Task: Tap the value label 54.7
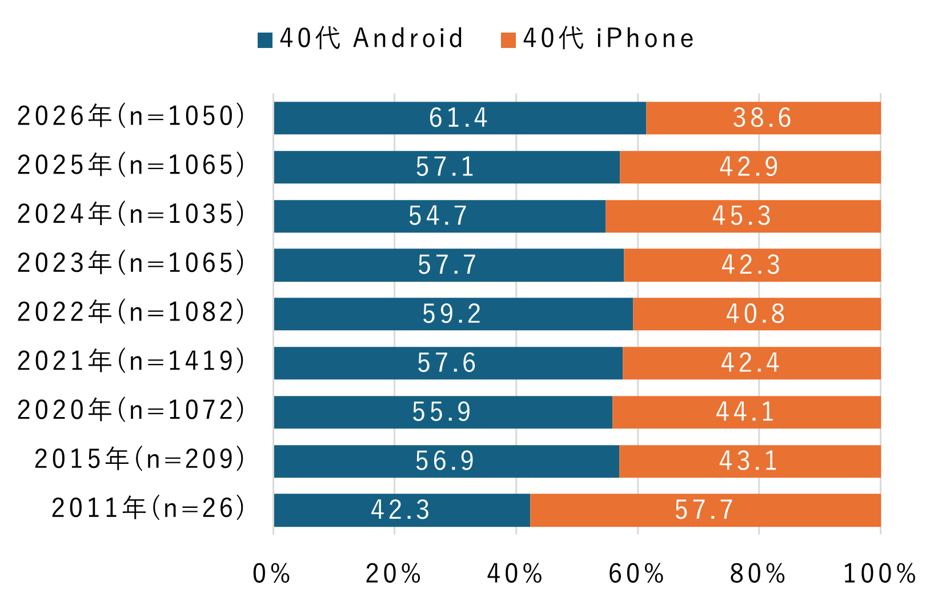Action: [438, 217]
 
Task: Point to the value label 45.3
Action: [741, 217]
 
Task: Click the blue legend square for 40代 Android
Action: [265, 40]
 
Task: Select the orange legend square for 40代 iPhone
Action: [508, 40]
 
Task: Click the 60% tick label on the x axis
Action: [636, 574]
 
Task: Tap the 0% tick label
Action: [272, 574]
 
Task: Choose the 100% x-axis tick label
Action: [880, 574]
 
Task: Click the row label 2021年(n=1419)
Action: [131, 362]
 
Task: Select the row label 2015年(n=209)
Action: [140, 460]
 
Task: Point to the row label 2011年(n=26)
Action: [149, 508]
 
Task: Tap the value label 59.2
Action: [452, 314]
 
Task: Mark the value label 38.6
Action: [762, 118]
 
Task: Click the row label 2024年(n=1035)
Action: [131, 215]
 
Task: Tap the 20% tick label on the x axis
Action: [393, 574]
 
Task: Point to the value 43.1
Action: [748, 461]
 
